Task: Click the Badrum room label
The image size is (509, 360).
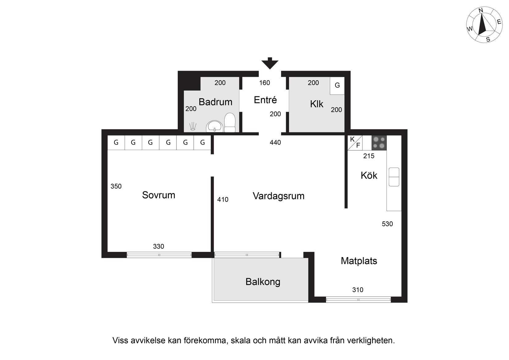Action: [215, 102]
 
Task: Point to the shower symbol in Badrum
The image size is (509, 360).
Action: [193, 126]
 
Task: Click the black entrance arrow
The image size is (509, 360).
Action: [270, 63]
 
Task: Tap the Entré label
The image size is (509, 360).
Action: [265, 100]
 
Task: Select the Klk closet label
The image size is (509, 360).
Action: [317, 104]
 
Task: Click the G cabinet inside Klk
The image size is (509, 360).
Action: [337, 86]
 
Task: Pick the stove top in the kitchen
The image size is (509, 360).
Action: [379, 143]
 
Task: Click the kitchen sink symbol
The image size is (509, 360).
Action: [394, 177]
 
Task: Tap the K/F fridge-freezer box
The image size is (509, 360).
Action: [355, 143]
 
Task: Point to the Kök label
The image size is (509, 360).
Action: [369, 175]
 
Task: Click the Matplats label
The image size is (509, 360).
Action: [359, 261]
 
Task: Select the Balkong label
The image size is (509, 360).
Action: [263, 282]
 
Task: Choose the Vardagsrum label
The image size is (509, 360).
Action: [279, 196]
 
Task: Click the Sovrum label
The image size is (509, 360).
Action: [159, 195]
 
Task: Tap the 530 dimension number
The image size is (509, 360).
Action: [387, 224]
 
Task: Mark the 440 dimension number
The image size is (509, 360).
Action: [275, 142]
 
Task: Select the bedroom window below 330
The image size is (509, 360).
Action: [159, 255]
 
